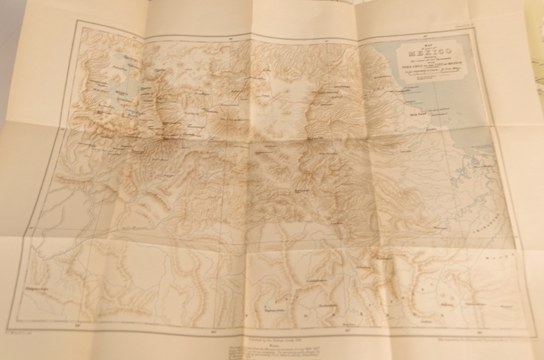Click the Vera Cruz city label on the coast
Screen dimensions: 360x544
click(416, 115)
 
